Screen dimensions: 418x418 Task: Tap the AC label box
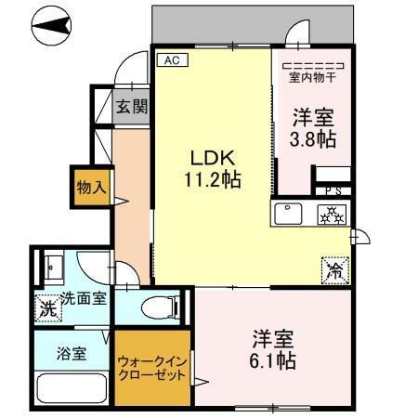click(171, 60)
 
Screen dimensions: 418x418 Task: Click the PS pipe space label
click(332, 190)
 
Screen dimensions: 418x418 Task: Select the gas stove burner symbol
click(331, 214)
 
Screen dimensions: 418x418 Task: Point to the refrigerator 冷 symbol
click(333, 272)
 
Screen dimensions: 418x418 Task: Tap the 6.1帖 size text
click(274, 360)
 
